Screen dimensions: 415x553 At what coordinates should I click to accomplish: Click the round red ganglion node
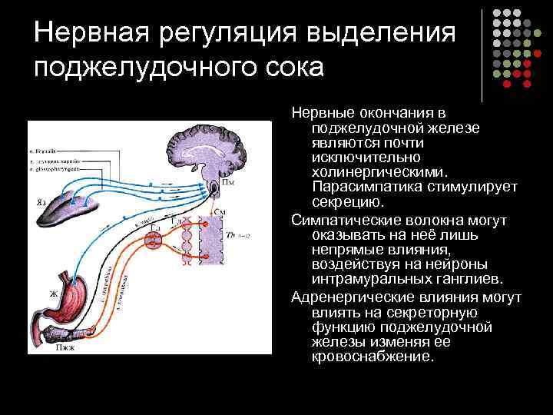click(154, 239)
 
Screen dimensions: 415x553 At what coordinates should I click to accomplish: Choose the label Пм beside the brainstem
click(228, 184)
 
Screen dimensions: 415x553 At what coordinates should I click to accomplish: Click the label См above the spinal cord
click(220, 211)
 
